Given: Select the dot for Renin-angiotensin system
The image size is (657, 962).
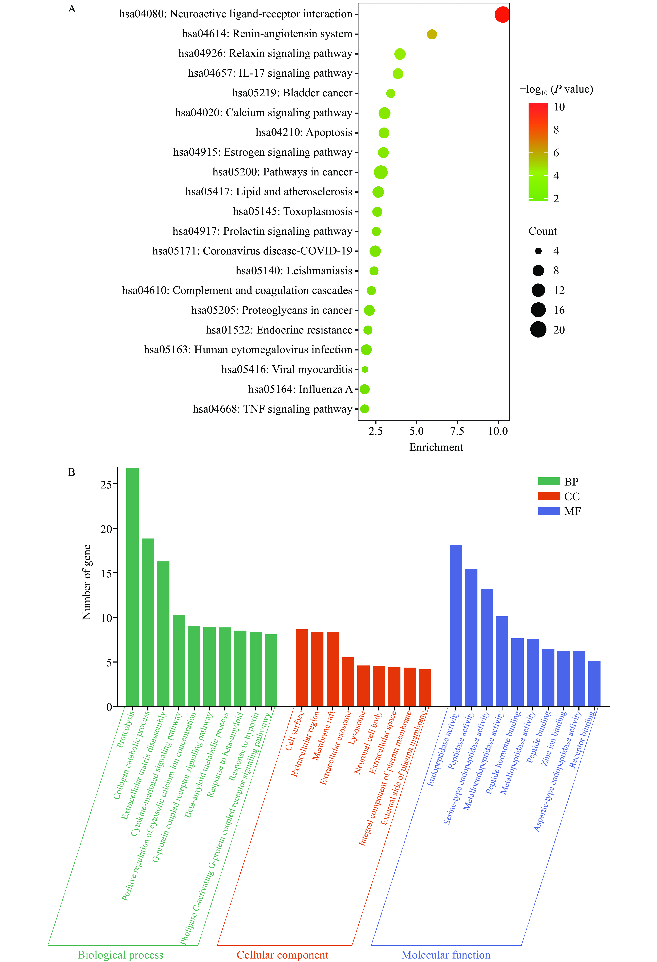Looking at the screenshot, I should (x=432, y=34).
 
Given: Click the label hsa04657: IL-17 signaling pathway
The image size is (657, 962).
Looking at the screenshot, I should (x=270, y=73).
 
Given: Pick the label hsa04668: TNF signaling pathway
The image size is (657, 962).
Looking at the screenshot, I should (x=272, y=409).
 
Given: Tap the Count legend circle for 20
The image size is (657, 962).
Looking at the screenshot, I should (x=538, y=330).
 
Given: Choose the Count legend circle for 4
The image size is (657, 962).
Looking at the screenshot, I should (x=538, y=251).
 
